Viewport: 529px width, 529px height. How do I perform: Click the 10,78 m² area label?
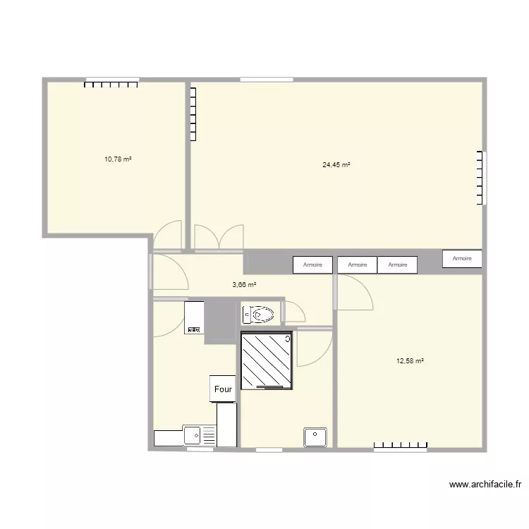pos(118,159)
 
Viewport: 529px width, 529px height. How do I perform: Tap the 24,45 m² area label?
pos(336,165)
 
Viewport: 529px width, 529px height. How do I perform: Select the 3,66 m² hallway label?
pos(244,285)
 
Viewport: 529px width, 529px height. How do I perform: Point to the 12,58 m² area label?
pos(410,361)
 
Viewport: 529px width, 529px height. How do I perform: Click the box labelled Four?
pos(223,389)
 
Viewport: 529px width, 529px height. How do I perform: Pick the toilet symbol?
pos(260,313)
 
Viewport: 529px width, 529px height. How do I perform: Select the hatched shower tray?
pos(267,360)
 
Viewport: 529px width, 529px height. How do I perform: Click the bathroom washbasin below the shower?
pos(315,437)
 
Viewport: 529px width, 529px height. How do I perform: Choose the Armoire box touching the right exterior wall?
pos(462,259)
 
